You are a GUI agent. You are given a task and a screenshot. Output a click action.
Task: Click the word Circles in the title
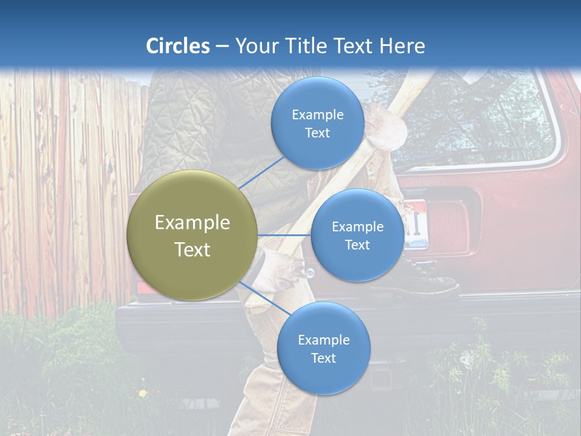tap(178, 46)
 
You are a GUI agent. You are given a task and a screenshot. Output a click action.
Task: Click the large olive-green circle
tap(192, 236)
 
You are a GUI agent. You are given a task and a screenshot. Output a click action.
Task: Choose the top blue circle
tap(317, 124)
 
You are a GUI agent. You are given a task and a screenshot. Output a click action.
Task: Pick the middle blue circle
tap(357, 236)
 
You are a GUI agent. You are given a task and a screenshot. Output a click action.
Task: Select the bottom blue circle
tap(323, 349)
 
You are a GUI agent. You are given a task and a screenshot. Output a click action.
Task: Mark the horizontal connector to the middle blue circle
tap(284, 235)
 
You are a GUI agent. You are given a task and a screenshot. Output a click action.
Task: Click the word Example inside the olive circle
tap(192, 223)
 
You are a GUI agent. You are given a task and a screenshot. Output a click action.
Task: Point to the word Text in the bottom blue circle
tap(323, 358)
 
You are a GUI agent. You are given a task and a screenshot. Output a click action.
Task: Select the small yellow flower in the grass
tap(143, 394)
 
